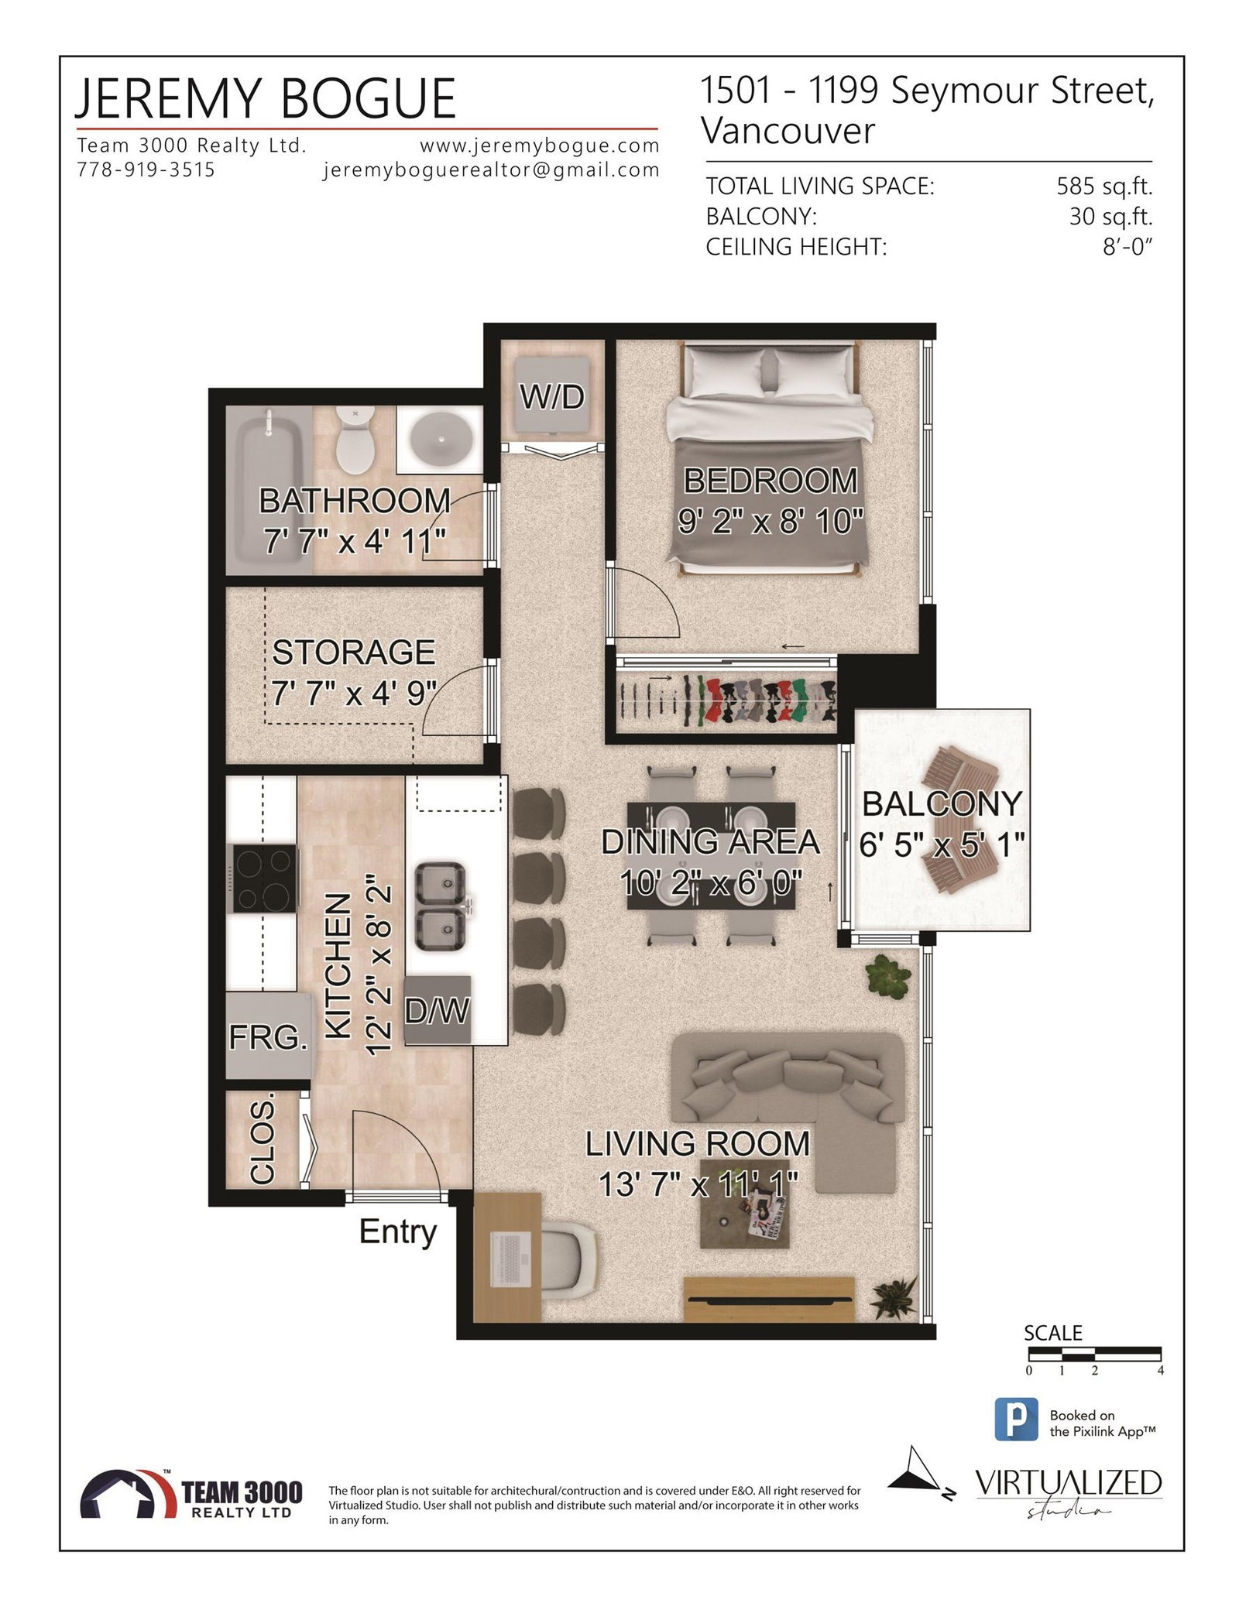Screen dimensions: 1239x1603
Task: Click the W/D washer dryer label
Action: point(552,397)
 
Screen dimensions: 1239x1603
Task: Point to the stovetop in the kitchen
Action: point(265,879)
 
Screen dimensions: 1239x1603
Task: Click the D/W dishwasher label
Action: point(438,1010)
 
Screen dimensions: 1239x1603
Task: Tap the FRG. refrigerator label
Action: point(268,1037)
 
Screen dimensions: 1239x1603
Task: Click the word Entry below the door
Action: point(398,1232)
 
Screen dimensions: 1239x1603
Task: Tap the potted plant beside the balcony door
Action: point(887,976)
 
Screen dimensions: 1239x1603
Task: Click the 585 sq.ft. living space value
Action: point(1104,187)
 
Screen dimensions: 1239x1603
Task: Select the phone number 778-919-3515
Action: point(146,170)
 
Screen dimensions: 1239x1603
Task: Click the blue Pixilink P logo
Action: point(1016,1419)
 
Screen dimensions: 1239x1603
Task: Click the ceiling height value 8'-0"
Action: point(1128,247)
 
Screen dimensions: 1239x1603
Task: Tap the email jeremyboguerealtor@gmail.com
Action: point(492,170)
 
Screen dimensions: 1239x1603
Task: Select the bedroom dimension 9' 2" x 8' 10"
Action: point(771,522)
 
